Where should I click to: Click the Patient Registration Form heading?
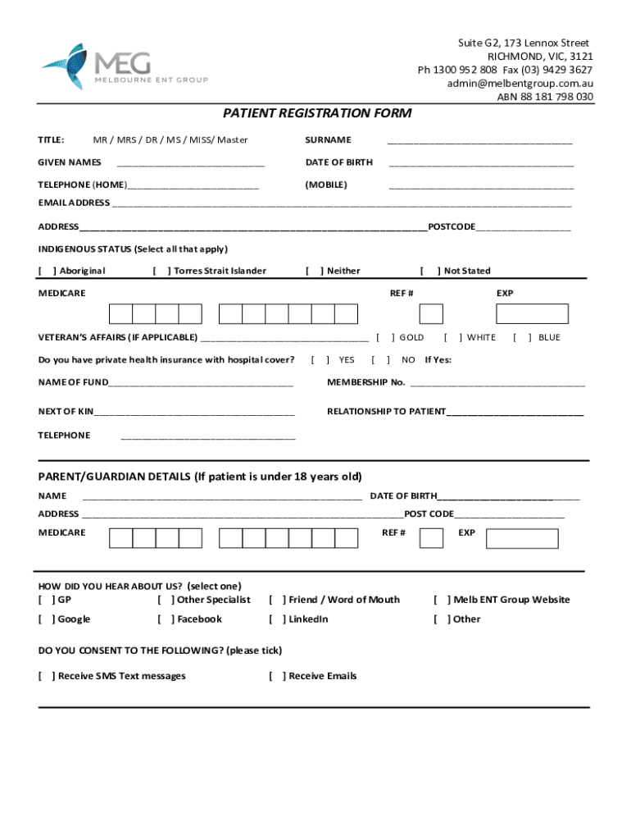tap(318, 113)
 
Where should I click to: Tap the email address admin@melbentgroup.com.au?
tap(520, 84)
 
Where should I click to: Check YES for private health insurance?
tap(320, 359)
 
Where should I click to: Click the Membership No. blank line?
tap(497, 384)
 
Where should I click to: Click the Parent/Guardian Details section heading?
tap(200, 477)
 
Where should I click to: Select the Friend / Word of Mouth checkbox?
tap(278, 600)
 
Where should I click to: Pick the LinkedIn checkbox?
tap(278, 619)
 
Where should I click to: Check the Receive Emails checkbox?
tap(278, 676)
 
